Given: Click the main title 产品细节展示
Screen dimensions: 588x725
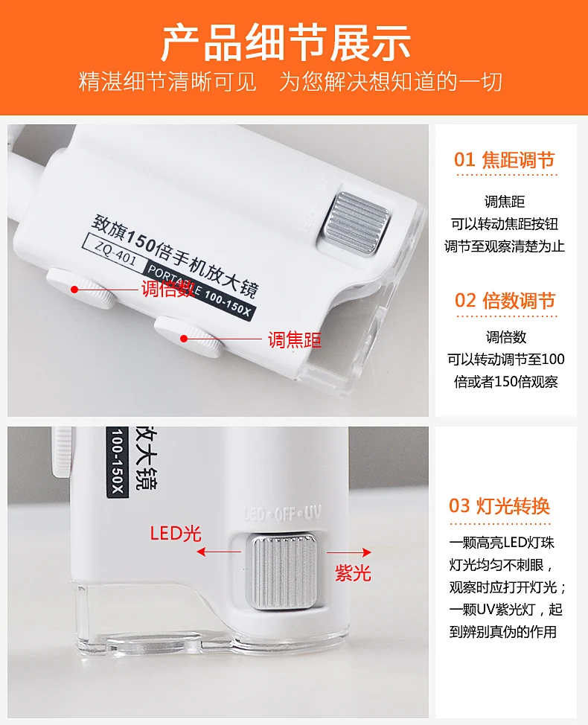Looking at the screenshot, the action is tap(286, 43).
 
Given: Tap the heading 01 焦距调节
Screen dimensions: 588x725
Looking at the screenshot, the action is tap(505, 160).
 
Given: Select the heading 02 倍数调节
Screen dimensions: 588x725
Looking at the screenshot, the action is tap(505, 301).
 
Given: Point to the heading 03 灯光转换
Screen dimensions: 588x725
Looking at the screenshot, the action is tap(499, 506).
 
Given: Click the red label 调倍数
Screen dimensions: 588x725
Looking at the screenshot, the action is tap(167, 289).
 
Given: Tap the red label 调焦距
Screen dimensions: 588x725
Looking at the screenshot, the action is tap(295, 340).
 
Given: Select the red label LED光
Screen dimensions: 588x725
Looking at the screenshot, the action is tap(176, 534).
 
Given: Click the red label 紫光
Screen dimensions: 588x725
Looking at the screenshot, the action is tap(353, 573).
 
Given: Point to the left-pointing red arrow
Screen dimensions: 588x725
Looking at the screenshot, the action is tap(219, 552).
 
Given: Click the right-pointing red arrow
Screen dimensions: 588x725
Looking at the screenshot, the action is tap(348, 552).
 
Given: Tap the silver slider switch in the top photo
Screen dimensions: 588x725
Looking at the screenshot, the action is tap(357, 223).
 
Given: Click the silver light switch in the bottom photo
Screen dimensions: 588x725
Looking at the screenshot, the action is tap(282, 571).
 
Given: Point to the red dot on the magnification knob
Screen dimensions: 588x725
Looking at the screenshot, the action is tap(74, 290).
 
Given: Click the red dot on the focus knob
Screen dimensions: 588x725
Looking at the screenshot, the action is tap(184, 339).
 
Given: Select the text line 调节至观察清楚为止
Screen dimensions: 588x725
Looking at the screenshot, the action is tap(505, 246).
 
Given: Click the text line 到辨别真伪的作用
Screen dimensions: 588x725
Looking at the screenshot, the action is tap(503, 631).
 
